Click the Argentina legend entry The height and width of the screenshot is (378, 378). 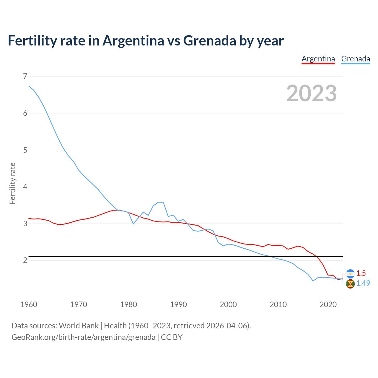tap(318, 59)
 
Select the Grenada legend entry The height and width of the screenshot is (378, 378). tap(356, 59)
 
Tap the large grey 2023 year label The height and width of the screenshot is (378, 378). tap(312, 93)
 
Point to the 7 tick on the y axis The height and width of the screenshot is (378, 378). tap(25, 76)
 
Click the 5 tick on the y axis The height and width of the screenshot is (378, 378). tap(25, 150)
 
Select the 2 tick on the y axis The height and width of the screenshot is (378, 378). tap(25, 260)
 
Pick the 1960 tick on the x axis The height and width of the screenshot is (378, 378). tap(29, 304)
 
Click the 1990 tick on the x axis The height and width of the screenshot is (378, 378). tap(178, 304)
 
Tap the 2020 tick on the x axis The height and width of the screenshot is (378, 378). tap(328, 304)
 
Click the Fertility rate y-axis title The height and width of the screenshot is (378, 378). tap(12, 183)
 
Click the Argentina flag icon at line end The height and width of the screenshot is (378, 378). tap(350, 273)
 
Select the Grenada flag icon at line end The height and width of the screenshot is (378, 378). tap(350, 284)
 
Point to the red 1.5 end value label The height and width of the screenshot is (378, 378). tap(361, 273)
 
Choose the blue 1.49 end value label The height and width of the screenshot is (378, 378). tap(363, 283)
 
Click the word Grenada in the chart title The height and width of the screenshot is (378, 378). tap(210, 40)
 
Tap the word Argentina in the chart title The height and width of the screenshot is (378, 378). tap(133, 40)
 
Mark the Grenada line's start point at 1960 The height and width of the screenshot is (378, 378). tap(29, 86)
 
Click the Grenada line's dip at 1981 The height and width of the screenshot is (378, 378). tap(133, 224)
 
